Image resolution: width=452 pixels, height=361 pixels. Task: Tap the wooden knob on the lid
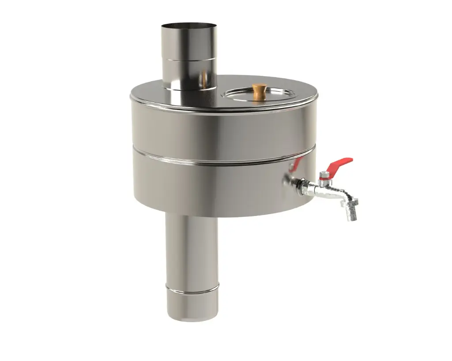point(259,90)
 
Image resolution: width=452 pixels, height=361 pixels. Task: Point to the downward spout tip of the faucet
point(352,215)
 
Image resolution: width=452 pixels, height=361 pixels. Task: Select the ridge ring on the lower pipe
point(192,288)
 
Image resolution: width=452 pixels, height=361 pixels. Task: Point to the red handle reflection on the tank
point(295,165)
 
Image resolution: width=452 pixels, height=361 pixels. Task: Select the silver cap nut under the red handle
point(324,176)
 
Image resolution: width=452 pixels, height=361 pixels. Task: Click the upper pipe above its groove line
point(188,42)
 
